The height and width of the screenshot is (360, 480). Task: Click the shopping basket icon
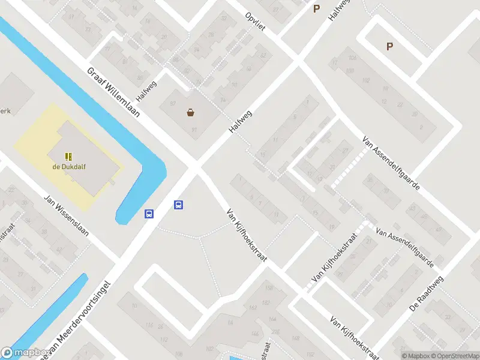point(191,112)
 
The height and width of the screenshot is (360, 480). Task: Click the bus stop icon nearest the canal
point(149,213)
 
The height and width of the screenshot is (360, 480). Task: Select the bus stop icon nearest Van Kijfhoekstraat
point(178,205)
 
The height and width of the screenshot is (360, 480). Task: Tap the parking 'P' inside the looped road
point(389,46)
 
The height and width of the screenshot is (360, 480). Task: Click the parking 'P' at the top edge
point(317,8)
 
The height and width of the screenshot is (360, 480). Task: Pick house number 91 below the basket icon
point(194,129)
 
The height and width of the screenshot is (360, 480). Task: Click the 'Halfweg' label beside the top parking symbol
point(338,11)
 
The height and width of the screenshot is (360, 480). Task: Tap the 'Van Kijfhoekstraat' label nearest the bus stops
point(246,235)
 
